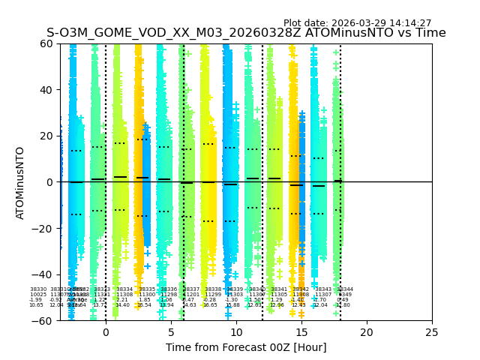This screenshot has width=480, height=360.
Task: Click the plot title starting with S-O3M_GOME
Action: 246,33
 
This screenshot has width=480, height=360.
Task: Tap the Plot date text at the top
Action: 357,23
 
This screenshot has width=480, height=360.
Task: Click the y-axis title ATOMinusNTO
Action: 21,182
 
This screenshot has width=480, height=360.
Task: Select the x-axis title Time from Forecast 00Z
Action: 246,347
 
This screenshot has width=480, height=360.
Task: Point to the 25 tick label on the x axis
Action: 432,332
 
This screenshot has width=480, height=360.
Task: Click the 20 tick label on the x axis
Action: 367,332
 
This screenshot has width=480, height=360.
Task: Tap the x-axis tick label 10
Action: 236,332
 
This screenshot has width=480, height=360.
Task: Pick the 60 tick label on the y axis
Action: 46,43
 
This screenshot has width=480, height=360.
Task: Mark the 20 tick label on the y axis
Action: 46,136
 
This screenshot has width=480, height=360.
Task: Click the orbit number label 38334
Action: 124,289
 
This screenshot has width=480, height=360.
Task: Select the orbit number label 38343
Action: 323,289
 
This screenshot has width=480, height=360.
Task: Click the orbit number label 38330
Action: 38,289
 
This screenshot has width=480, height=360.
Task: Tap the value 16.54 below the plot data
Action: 144,305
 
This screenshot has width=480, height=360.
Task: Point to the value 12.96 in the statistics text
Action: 277,305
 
